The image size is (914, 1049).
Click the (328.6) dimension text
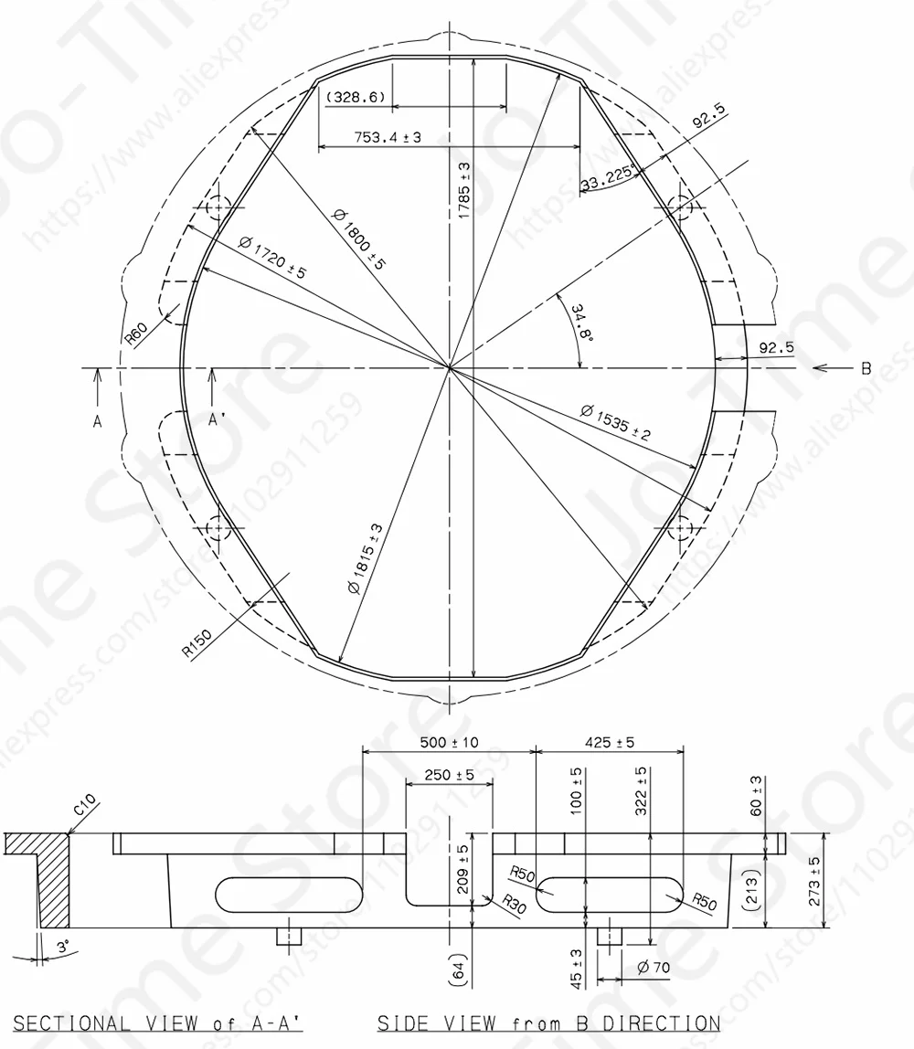(356, 97)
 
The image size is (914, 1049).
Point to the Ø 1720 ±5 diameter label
(271, 259)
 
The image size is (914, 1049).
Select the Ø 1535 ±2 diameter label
(614, 421)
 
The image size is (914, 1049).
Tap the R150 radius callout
(195, 643)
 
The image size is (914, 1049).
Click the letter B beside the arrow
(865, 369)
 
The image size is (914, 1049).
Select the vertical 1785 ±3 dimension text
(464, 189)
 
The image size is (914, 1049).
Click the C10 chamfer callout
(84, 805)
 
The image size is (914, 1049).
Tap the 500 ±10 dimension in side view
(448, 742)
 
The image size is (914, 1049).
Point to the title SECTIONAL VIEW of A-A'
(158, 1023)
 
